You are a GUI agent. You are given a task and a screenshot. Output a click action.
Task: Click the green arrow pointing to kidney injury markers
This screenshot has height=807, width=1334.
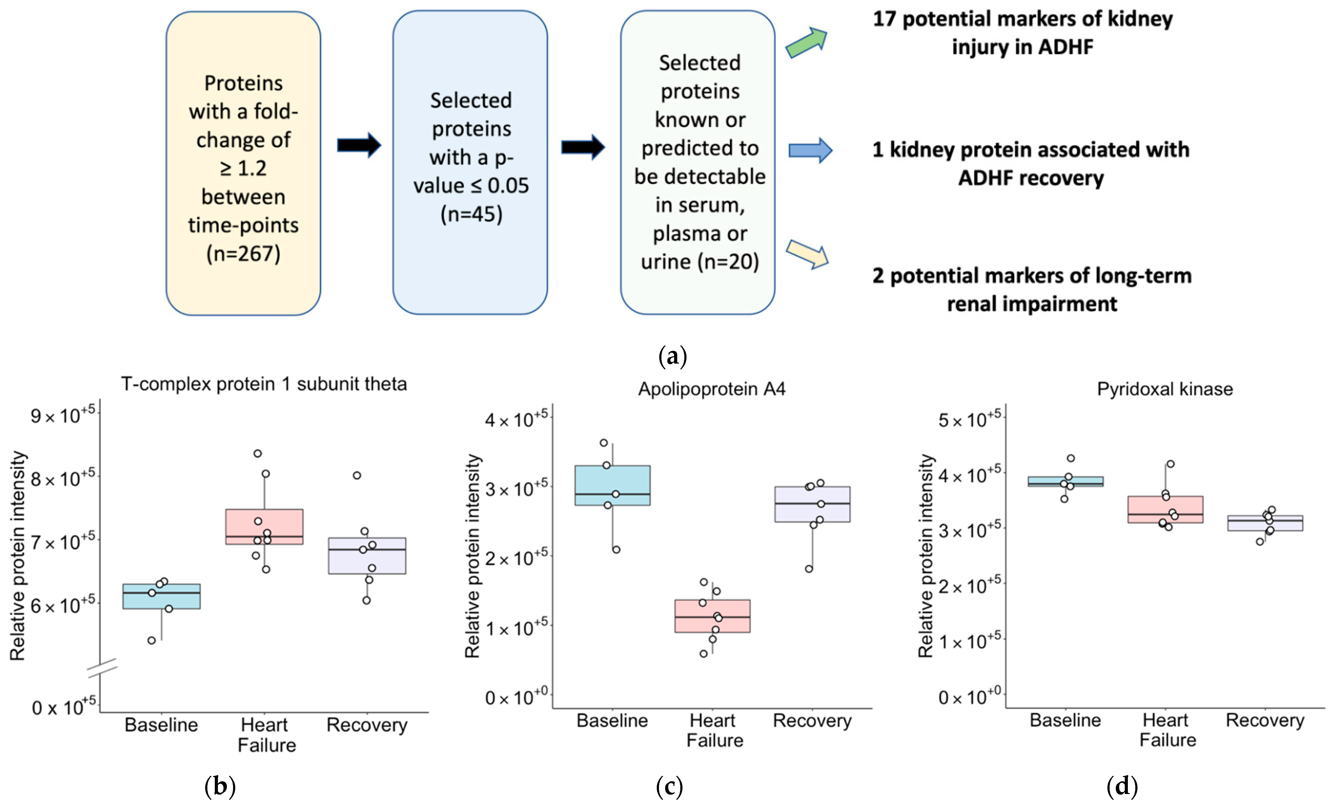pos(807,43)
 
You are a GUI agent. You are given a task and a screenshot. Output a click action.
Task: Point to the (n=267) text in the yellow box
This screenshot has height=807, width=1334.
pos(243,254)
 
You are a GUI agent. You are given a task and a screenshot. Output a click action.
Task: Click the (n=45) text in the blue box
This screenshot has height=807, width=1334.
pos(471,214)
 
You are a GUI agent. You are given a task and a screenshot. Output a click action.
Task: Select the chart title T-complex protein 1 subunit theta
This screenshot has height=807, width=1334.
pos(264,384)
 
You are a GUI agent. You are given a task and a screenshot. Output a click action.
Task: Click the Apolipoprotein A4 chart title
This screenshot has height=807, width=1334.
pos(711,389)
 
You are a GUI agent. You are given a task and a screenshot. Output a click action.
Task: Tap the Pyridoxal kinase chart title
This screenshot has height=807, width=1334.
pos(1165,389)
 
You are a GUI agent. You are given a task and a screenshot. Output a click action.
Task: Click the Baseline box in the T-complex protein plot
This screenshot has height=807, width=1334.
pos(161,596)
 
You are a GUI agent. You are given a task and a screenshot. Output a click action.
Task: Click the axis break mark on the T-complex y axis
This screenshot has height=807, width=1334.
pos(102,668)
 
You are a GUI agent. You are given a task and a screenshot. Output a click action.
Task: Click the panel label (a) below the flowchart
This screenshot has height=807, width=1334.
pos(672,356)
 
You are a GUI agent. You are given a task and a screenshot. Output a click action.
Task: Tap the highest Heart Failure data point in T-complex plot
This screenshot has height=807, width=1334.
pos(258,453)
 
